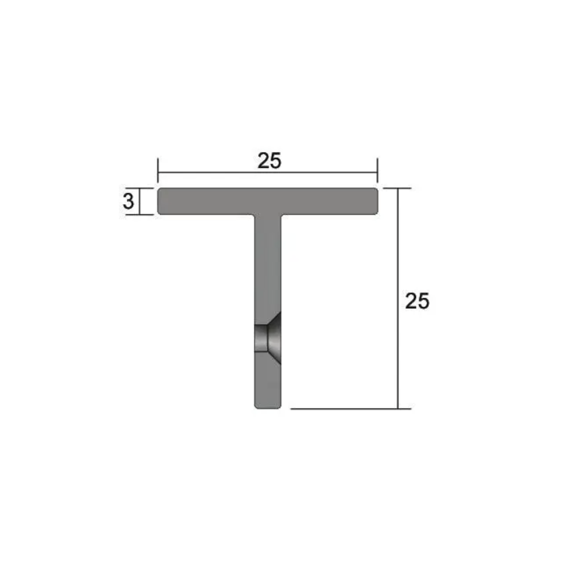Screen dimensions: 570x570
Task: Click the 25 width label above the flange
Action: (x=269, y=161)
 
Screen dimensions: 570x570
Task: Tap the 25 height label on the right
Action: (x=417, y=301)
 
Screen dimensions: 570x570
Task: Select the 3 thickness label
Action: (x=128, y=202)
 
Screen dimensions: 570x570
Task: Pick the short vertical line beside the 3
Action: (x=140, y=202)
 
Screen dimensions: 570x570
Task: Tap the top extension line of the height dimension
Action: (x=396, y=188)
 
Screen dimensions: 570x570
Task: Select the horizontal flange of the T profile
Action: (x=211, y=201)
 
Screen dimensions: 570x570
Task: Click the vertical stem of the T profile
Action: (x=268, y=264)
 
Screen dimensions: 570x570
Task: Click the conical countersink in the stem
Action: (x=275, y=338)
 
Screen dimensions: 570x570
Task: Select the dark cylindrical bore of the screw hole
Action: (x=261, y=338)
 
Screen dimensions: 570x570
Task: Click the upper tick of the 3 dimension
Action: (x=140, y=188)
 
